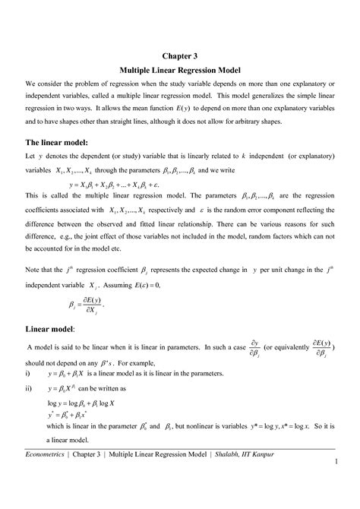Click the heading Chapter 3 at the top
pyautogui.click(x=180, y=55)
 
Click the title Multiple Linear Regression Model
pyautogui.click(x=180, y=70)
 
